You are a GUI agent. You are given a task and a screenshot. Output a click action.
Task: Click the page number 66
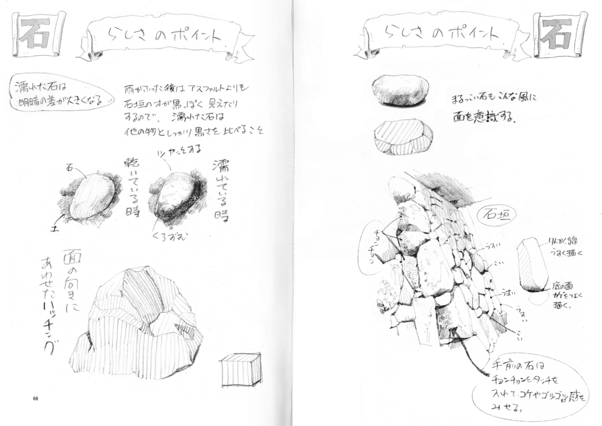pyautogui.click(x=36, y=399)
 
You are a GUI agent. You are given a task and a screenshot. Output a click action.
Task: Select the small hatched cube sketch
pyautogui.click(x=240, y=370)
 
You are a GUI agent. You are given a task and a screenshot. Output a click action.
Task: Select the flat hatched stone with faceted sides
pyautogui.click(x=403, y=137)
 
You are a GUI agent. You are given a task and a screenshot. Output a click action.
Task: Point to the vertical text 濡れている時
pyautogui.click(x=220, y=188)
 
